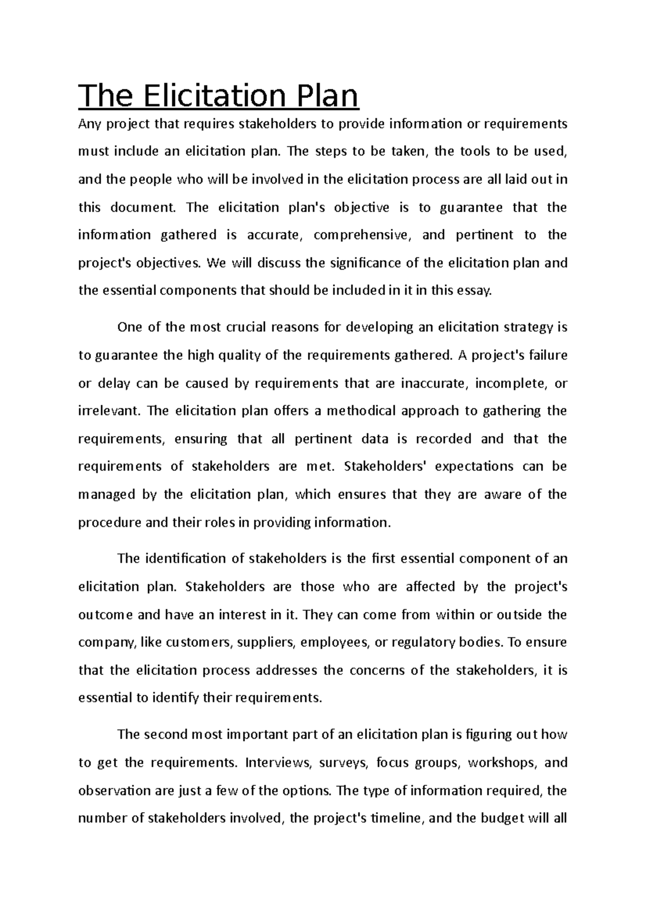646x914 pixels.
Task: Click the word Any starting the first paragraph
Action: pyautogui.click(x=89, y=124)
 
